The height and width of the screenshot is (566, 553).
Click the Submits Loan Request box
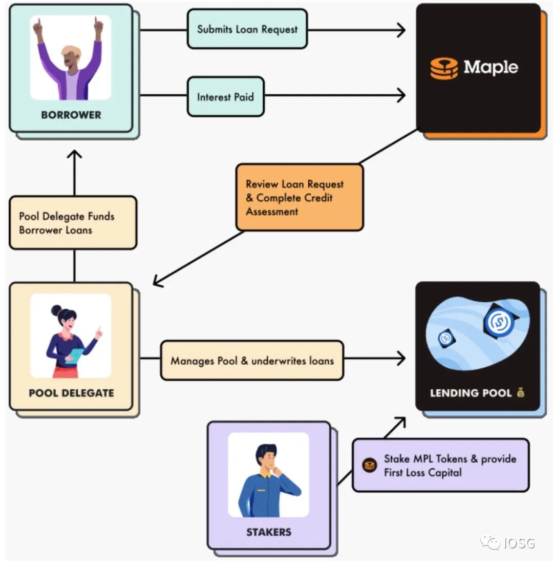[247, 29]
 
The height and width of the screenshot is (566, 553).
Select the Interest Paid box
[225, 96]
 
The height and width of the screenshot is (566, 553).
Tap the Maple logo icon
[443, 68]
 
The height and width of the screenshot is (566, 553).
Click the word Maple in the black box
[491, 67]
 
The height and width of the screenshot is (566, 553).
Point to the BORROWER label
[71, 115]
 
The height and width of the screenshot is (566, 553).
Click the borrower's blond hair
[71, 51]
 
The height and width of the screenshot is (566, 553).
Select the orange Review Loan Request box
[299, 197]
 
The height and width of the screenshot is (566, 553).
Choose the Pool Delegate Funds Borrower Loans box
[73, 223]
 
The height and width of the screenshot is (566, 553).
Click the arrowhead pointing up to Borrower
[75, 155]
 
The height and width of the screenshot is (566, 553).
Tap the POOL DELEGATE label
[71, 393]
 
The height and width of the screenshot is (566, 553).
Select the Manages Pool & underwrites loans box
[252, 361]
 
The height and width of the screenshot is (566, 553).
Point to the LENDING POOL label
[471, 393]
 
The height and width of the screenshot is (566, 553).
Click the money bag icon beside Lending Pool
[521, 393]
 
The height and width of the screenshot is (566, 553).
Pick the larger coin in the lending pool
[496, 321]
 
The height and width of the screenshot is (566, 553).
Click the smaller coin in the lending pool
[445, 338]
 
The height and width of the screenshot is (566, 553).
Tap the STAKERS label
[268, 532]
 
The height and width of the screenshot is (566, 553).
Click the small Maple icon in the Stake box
[369, 466]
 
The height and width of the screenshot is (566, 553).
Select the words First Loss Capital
[422, 473]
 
